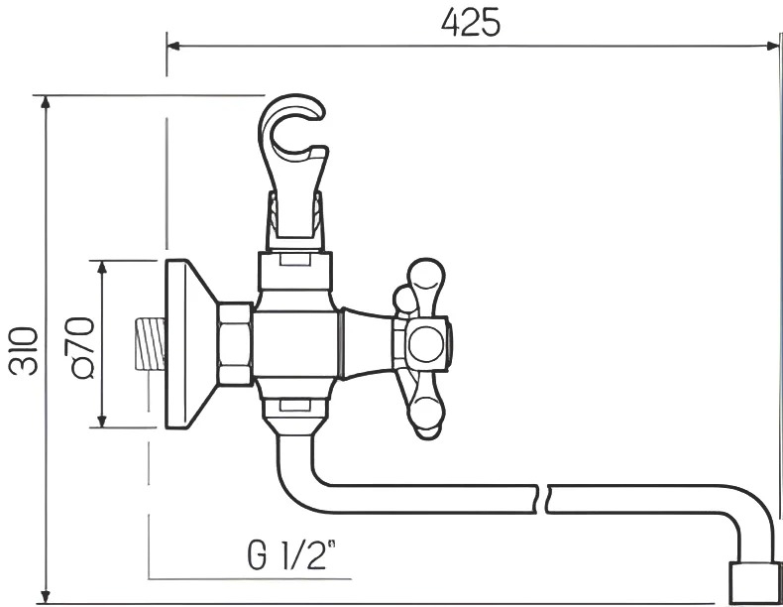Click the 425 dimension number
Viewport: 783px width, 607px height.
click(x=471, y=23)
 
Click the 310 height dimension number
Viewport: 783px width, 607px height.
click(x=24, y=351)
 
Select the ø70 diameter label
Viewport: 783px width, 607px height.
click(x=83, y=348)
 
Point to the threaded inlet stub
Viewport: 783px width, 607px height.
click(x=150, y=344)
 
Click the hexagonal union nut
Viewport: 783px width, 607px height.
click(x=235, y=344)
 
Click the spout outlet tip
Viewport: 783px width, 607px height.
click(x=754, y=582)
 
